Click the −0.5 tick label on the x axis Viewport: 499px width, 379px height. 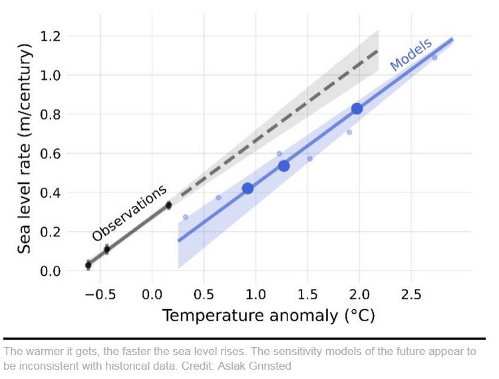(x=95, y=294)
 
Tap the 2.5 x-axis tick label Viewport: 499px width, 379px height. (x=411, y=294)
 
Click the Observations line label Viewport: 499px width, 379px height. (x=129, y=213)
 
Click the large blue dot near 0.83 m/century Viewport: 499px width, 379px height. (x=357, y=109)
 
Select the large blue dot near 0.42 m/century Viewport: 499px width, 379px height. (x=248, y=189)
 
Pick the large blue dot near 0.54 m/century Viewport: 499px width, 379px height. (x=284, y=166)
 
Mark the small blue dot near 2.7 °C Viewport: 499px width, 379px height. (x=434, y=58)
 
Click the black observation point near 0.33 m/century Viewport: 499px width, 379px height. (x=168, y=205)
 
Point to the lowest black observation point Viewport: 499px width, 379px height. (x=88, y=265)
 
